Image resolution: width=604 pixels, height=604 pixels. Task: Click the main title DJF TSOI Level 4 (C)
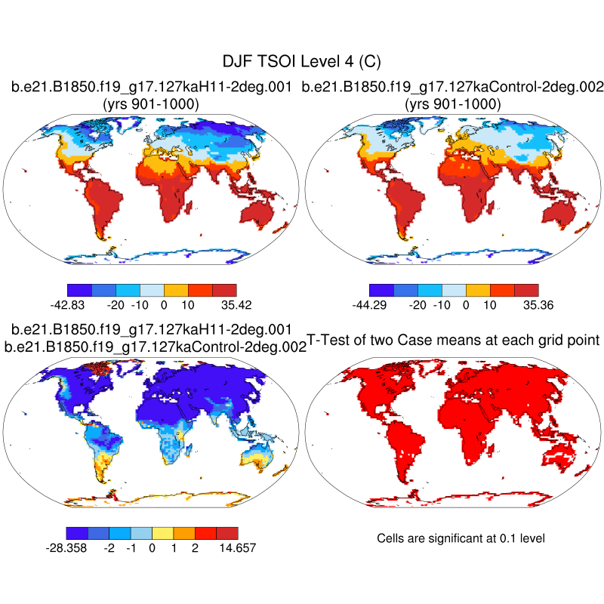302,61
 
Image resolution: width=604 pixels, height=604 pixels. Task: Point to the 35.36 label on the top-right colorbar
538,305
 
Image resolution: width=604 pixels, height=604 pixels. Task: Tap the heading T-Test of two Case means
453,340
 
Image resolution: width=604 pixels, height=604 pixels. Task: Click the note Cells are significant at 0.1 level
461,538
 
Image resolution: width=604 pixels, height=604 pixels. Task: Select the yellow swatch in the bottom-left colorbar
162,532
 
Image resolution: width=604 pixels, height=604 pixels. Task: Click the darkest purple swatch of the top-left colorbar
79,289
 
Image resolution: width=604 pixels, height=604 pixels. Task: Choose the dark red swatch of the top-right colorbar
526,289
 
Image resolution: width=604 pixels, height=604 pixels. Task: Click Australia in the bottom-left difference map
257,456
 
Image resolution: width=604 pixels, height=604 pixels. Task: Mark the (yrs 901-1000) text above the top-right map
453,103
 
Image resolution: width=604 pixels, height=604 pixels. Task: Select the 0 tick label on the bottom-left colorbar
152,547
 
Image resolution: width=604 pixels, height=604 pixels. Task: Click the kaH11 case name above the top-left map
151,88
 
